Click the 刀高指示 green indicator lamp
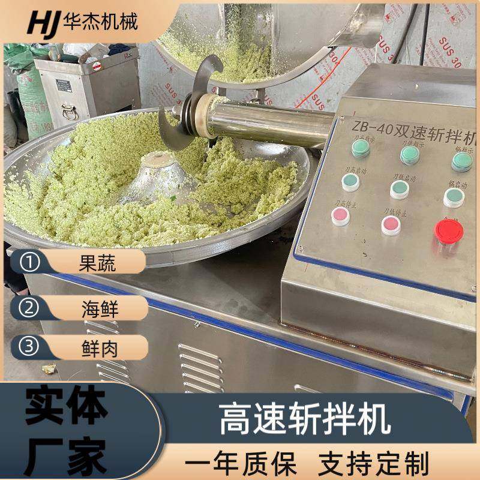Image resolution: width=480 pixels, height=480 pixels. [361, 148]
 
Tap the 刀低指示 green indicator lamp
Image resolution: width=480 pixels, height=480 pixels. [410, 155]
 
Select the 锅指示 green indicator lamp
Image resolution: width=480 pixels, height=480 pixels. [461, 161]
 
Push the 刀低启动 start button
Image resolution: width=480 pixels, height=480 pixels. [400, 189]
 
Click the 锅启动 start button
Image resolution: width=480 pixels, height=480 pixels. [454, 197]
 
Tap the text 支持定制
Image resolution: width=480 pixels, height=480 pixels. [373, 464]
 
